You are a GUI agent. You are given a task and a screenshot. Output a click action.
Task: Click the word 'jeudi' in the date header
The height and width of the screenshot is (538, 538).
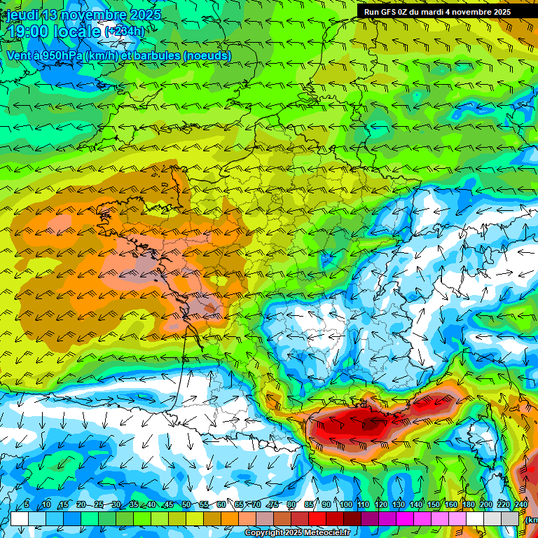(22, 15)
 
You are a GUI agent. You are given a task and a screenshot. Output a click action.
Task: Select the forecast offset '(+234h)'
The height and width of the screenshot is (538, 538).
(124, 31)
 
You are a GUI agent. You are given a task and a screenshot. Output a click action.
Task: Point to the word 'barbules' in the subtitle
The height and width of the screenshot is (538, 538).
(154, 55)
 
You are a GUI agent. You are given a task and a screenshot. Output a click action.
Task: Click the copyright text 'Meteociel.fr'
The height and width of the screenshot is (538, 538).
(327, 533)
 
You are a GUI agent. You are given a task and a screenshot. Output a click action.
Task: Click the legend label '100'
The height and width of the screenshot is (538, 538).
(346, 505)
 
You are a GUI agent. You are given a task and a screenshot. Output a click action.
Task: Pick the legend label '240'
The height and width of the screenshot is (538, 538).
(521, 505)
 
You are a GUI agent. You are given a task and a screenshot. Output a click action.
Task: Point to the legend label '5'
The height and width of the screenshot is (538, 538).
(26, 505)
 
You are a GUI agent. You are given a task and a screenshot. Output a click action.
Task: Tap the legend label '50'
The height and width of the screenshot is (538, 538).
(186, 505)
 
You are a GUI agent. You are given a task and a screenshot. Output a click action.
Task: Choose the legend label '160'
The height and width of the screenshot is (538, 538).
(451, 505)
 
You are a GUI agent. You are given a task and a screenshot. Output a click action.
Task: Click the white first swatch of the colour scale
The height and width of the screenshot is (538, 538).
(20, 518)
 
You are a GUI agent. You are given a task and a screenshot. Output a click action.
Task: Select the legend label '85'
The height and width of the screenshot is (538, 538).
(309, 505)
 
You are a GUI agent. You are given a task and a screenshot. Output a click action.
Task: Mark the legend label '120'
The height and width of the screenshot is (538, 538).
(381, 505)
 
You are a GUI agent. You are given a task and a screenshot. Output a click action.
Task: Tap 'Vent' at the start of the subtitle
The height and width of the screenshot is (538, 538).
(20, 55)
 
